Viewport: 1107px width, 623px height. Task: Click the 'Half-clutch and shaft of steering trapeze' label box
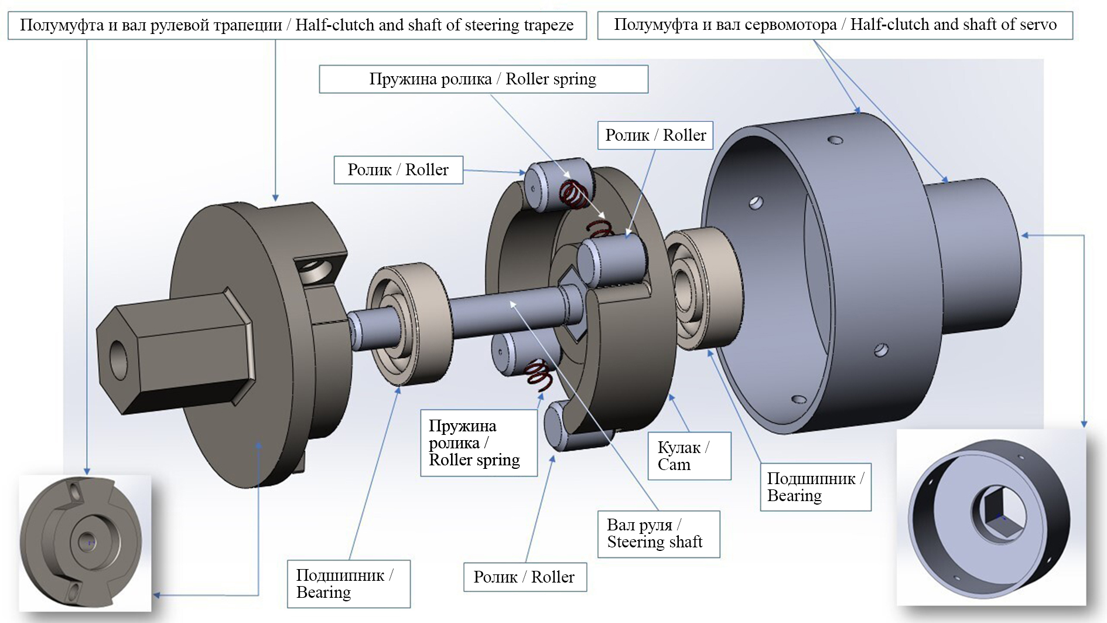tap(297, 25)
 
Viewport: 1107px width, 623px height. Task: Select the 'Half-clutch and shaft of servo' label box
tap(835, 25)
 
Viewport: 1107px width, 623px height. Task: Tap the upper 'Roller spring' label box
tap(483, 79)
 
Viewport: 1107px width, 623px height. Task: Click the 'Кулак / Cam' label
tap(689, 456)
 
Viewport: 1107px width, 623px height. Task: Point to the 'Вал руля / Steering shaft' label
tap(658, 533)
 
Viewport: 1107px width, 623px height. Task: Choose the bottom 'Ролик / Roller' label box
tap(524, 577)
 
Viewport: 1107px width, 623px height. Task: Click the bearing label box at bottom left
tap(348, 584)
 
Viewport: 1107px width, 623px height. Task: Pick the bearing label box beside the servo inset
tap(815, 487)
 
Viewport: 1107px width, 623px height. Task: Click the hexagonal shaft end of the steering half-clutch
tap(176, 352)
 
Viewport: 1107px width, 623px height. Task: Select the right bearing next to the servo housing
tap(700, 287)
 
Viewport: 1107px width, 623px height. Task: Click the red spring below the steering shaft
tap(539, 375)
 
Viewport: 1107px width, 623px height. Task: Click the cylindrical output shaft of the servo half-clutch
tap(972, 258)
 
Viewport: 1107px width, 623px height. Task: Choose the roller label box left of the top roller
tap(398, 170)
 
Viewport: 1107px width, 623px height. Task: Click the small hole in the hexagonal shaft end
tap(119, 358)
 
